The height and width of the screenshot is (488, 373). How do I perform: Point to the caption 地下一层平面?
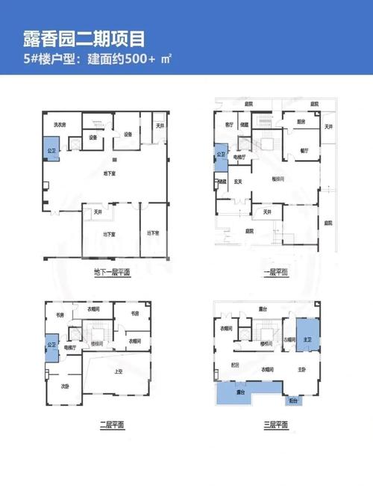(x=112, y=271)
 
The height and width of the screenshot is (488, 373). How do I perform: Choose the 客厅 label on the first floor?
(x=229, y=123)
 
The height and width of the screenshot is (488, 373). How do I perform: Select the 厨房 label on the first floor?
(x=301, y=121)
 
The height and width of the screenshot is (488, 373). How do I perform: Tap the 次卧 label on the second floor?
(x=65, y=386)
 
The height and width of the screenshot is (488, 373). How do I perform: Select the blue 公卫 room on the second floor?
(x=51, y=345)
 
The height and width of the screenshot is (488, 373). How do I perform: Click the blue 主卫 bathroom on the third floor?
(x=307, y=337)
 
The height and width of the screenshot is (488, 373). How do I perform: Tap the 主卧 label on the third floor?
(x=303, y=369)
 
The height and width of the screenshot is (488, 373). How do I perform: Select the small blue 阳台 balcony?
(x=294, y=401)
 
